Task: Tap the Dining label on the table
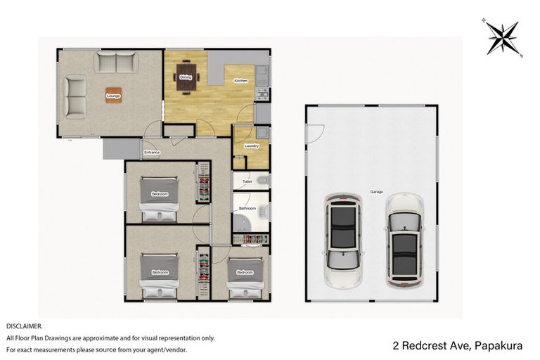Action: [x=186, y=77]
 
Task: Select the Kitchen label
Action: [x=240, y=82]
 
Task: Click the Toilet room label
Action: [x=247, y=181]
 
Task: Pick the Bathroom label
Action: [x=247, y=208]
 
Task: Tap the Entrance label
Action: [x=153, y=153]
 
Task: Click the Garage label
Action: [x=377, y=191]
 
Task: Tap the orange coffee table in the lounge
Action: [x=112, y=96]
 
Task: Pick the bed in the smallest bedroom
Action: [x=245, y=276]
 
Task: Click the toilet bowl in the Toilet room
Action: [x=262, y=181]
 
